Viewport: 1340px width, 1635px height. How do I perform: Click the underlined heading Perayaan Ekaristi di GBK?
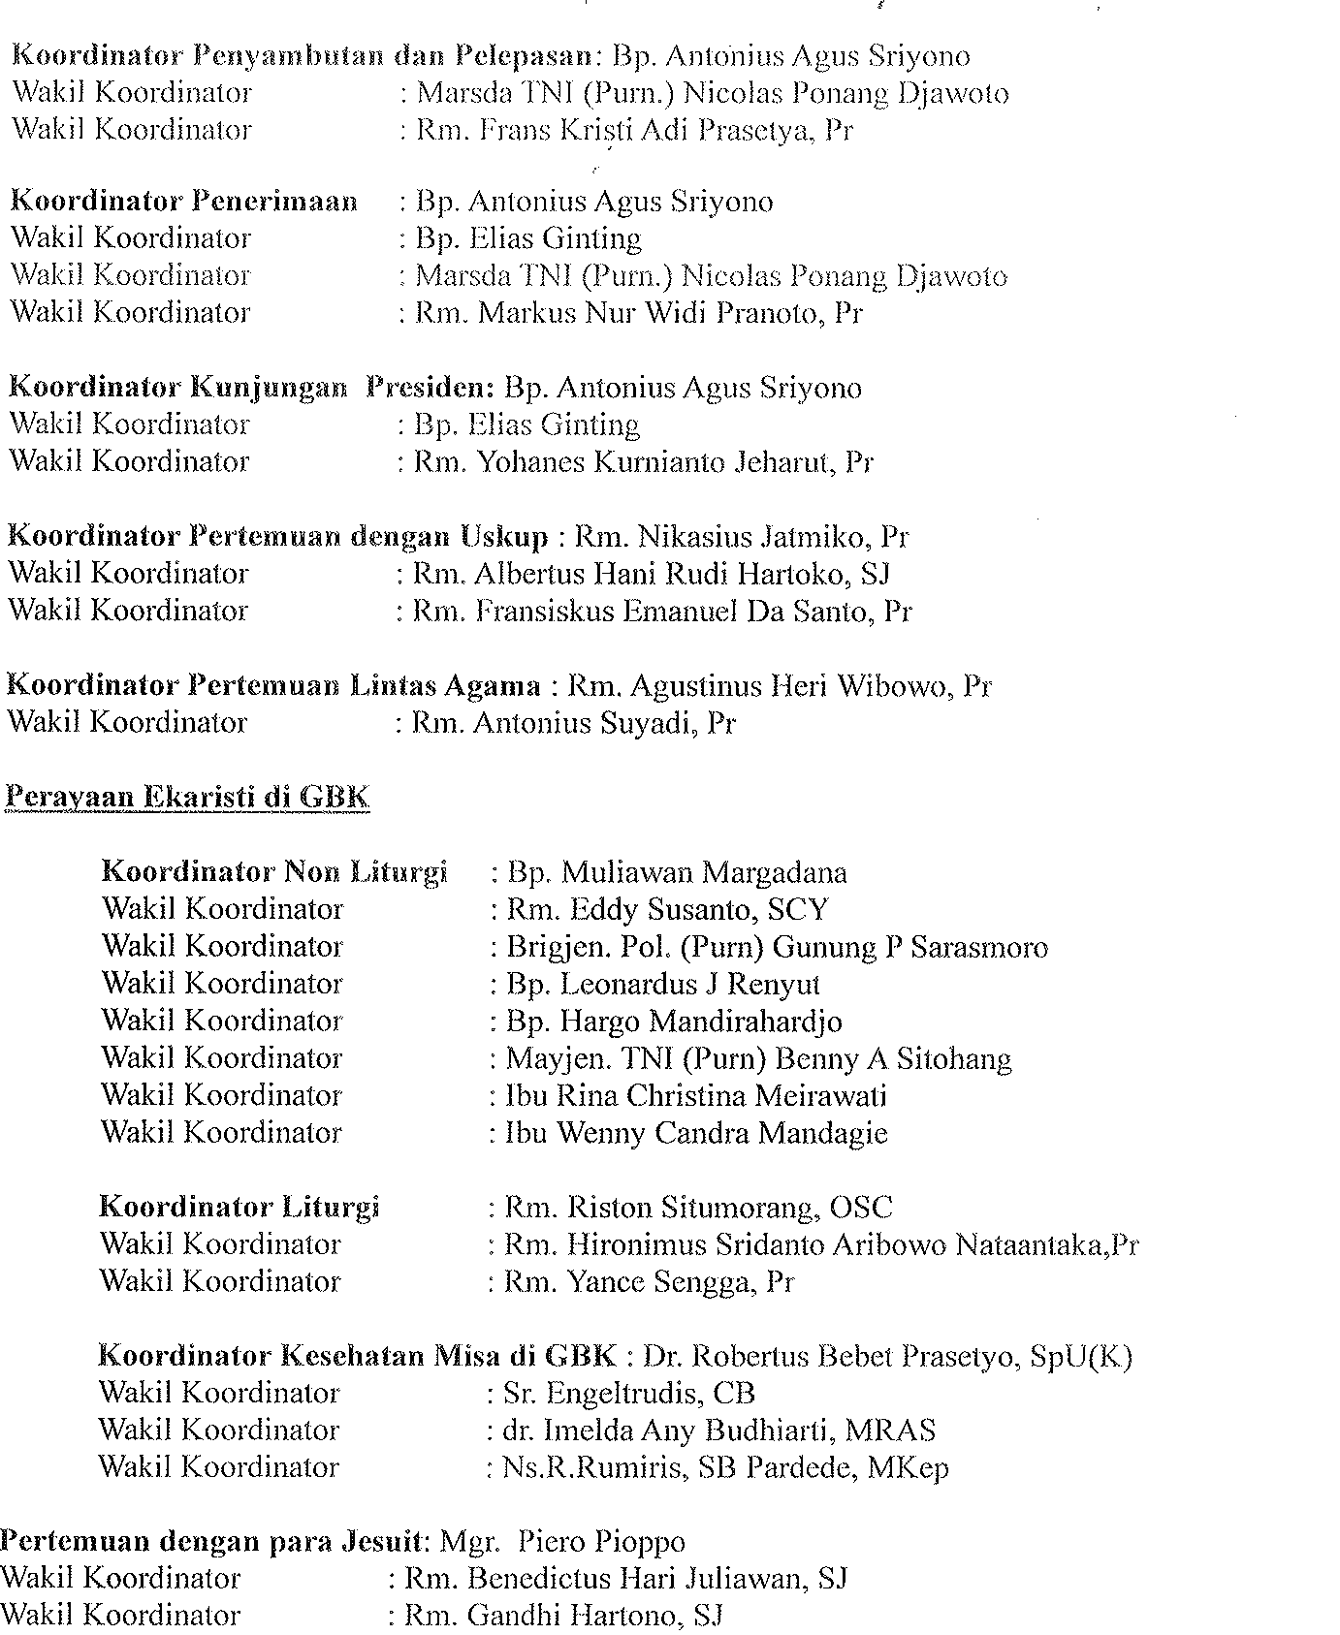pyautogui.click(x=187, y=798)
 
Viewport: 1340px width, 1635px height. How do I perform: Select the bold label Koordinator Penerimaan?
pyautogui.click(x=183, y=202)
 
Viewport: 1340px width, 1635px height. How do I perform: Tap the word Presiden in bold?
pyautogui.click(x=431, y=388)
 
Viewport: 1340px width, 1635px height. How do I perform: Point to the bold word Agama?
pyautogui.click(x=492, y=686)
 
